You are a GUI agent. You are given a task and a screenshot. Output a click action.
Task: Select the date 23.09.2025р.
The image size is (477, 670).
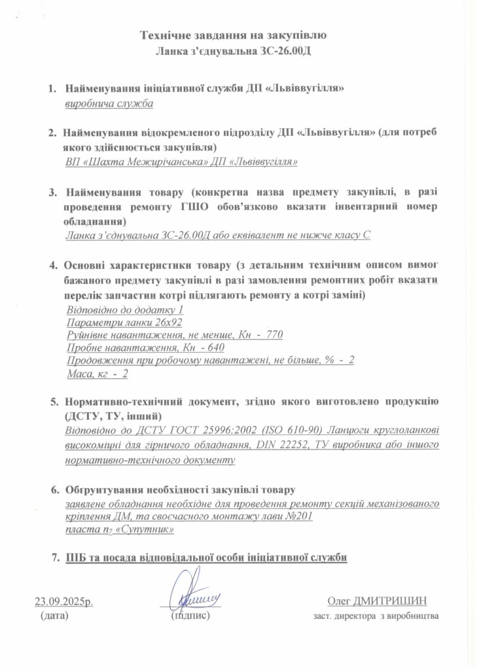pos(64,601)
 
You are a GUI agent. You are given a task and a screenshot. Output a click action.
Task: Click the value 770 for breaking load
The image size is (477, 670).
pos(274,334)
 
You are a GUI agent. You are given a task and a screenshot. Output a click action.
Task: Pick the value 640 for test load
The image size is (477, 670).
pos(205,347)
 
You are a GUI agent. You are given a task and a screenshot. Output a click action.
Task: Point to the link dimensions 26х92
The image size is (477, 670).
pos(166,322)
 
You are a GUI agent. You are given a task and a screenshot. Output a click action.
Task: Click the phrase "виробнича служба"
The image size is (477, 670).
pos(109,103)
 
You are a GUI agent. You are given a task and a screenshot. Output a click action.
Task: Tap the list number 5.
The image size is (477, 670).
pos(54,400)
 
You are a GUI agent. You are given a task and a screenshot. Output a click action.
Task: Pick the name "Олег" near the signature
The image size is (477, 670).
pos(338,601)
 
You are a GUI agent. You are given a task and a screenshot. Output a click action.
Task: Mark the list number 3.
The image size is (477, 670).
pos(54,194)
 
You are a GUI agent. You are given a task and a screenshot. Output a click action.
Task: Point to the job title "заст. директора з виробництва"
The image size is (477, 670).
pos(376,616)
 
